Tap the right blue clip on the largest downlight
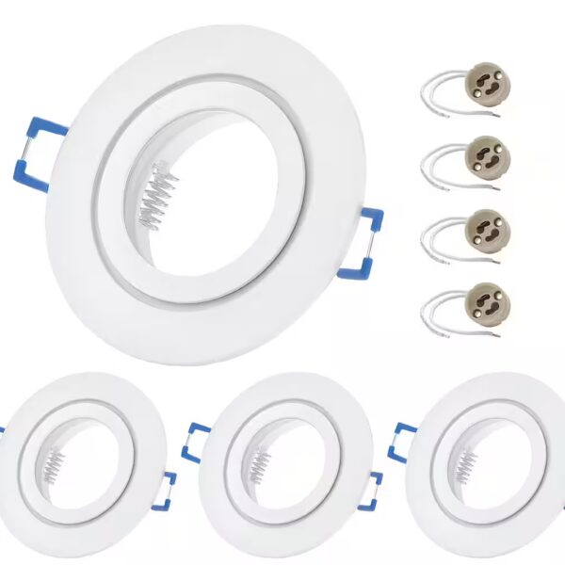[368, 245]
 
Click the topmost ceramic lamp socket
[487, 79]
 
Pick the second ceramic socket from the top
[487, 153]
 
